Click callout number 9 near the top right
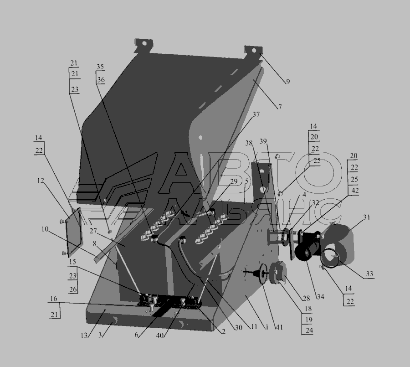[x=288, y=82]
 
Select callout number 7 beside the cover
[x=280, y=107]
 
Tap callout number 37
[x=256, y=114]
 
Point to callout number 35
[x=100, y=67]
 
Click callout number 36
[x=101, y=80]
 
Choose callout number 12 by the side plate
[x=41, y=181]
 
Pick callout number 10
[x=45, y=229]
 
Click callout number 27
[x=93, y=231]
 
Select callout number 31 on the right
[x=367, y=217]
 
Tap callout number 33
[x=369, y=274]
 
